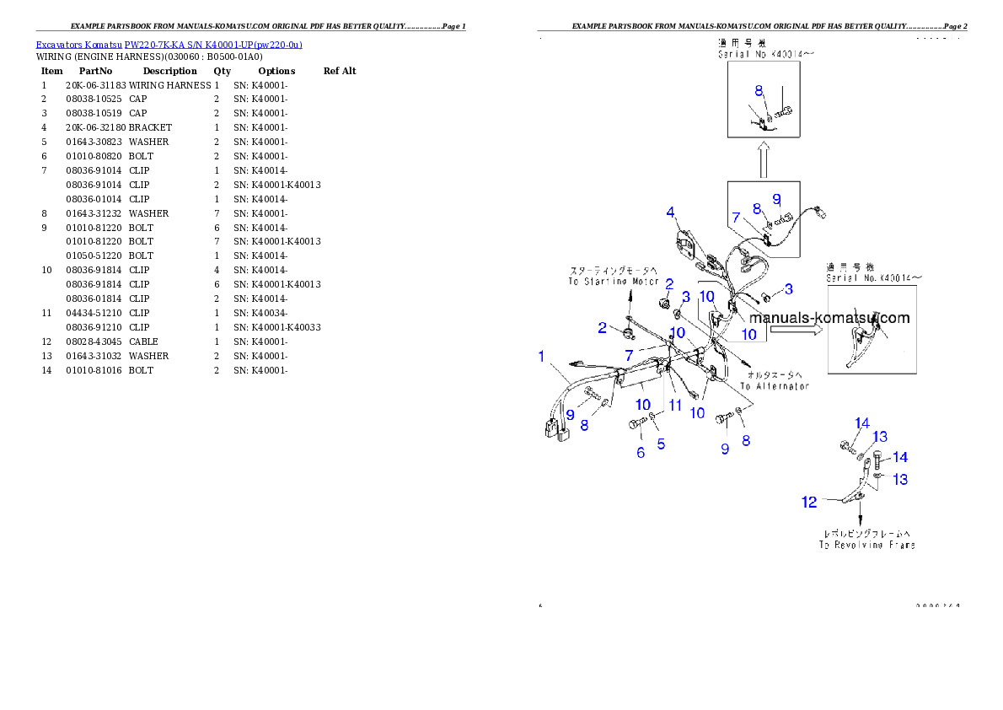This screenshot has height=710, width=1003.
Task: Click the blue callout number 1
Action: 542,357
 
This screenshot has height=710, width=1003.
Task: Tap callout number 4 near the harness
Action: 671,212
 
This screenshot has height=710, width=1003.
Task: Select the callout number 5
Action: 661,443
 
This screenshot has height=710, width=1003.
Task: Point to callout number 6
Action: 641,453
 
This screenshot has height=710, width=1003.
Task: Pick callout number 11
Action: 675,406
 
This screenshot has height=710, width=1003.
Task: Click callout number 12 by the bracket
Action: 809,502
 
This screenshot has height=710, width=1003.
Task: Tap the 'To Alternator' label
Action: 775,386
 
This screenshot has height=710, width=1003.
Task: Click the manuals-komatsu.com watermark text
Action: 829,318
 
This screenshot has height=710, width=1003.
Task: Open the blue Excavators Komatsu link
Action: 169,44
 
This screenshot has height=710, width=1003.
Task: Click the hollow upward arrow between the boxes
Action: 762,159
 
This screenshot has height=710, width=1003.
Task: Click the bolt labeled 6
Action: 636,424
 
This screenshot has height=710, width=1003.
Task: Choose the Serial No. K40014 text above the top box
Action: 766,54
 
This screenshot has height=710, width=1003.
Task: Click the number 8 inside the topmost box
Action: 759,89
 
